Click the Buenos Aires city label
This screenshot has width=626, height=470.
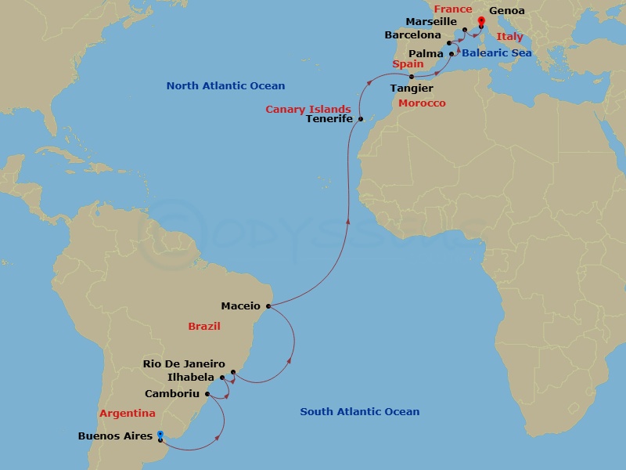pos(115,436)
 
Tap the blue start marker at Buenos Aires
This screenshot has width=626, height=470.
pos(160,434)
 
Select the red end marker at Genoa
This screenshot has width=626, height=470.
pos(480,12)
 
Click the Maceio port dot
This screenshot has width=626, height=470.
pos(268,306)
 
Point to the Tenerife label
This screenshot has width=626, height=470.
pos(329,118)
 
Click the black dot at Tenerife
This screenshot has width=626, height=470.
pos(360,119)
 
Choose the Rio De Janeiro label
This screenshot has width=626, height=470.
pos(184,364)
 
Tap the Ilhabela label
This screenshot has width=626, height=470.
pos(192,377)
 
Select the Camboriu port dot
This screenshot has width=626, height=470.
pos(207,394)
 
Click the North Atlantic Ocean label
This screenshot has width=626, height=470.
pos(225,85)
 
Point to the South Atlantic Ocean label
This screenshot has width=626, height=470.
pos(360,411)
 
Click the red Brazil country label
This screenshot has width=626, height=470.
pos(204,326)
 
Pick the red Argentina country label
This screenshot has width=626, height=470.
pos(127,413)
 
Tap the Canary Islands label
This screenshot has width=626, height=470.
pos(308,109)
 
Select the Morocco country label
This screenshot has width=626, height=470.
pos(422,103)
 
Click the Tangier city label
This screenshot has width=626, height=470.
pos(412,89)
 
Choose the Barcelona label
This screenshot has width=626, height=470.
pos(413,35)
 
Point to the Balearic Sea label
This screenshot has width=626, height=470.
pos(496,52)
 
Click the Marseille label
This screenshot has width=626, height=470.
pos(432,22)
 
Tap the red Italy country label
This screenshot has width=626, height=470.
pos(509,37)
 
